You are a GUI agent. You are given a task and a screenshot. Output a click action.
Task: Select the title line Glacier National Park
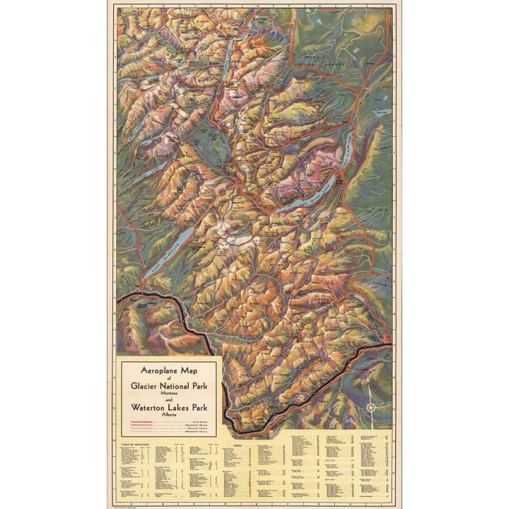[170, 385]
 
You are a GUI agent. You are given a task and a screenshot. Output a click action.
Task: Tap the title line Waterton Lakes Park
[170, 408]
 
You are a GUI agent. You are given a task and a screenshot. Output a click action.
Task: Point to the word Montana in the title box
[170, 392]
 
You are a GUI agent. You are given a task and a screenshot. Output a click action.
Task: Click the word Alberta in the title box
[170, 416]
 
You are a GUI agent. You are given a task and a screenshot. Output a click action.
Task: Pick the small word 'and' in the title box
[170, 399]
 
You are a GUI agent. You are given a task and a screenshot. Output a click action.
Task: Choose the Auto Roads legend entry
[170, 422]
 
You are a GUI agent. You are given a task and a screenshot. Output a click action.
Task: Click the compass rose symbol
[370, 407]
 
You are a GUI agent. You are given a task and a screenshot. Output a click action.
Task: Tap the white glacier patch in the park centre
[237, 240]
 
